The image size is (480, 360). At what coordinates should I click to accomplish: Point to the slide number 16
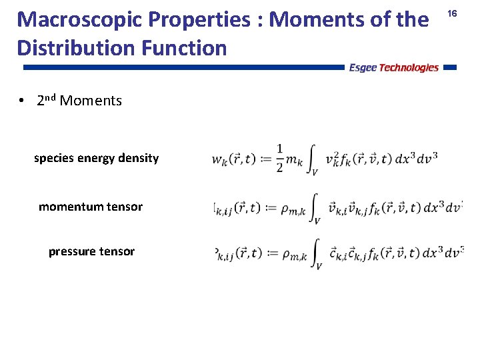pyautogui.click(x=452, y=13)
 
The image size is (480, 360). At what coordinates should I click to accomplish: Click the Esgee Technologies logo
pyautogui.click(x=393, y=67)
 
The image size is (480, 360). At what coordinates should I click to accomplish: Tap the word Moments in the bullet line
pyautogui.click(x=91, y=101)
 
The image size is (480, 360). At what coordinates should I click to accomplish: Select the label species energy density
pyautogui.click(x=96, y=158)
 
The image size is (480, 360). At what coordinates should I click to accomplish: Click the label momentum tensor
pyautogui.click(x=91, y=207)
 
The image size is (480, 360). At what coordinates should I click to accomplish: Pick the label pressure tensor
pyautogui.click(x=91, y=251)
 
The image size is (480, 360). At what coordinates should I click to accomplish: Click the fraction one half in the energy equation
pyautogui.click(x=279, y=158)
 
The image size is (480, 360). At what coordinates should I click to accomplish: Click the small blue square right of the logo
pyautogui.click(x=449, y=67)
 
